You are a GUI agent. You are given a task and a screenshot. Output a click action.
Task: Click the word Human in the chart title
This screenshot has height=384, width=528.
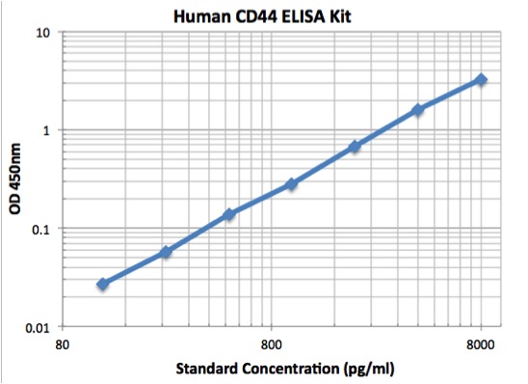[x=199, y=15]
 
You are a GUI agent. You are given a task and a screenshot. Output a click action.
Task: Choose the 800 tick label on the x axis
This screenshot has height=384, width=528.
[x=272, y=344]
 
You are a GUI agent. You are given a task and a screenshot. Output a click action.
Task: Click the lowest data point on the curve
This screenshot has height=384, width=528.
[x=103, y=284]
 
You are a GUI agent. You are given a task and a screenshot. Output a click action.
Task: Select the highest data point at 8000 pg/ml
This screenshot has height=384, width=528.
[x=481, y=79]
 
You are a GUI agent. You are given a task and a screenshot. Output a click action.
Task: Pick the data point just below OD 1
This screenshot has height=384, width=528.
[x=355, y=147]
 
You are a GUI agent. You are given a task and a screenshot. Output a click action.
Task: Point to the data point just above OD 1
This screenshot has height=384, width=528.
[x=418, y=110]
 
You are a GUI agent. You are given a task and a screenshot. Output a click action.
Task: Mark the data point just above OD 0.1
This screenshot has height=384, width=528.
[x=229, y=214]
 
